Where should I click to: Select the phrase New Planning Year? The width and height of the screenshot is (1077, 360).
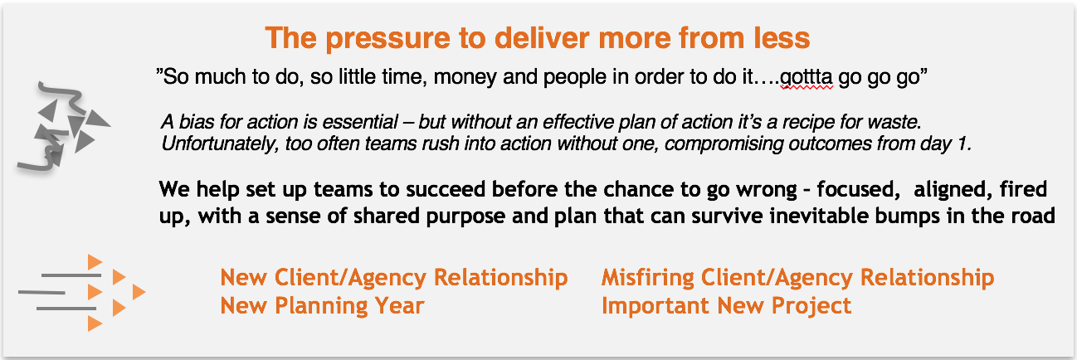pos(322,306)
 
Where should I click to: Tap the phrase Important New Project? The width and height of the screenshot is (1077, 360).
pos(726,306)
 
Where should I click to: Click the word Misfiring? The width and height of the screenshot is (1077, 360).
pos(655,277)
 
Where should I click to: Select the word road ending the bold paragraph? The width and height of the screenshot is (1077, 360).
pos(1033,217)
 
